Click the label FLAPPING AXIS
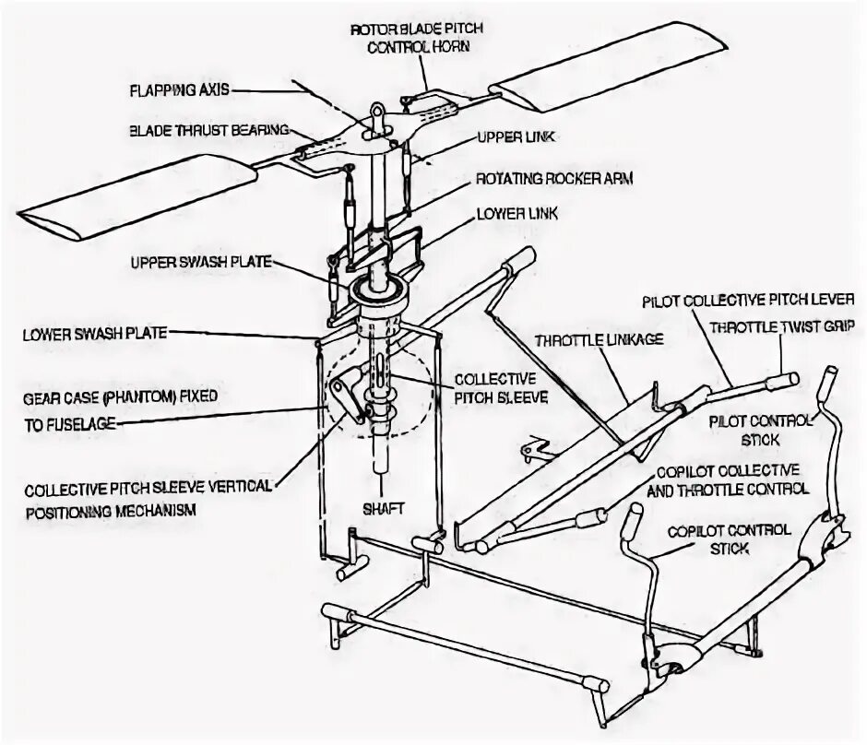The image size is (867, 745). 178,90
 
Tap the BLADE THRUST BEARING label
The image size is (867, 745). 208,129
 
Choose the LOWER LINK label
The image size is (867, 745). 517,214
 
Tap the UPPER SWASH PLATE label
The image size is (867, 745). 200,263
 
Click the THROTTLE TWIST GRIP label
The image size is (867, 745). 783,326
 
